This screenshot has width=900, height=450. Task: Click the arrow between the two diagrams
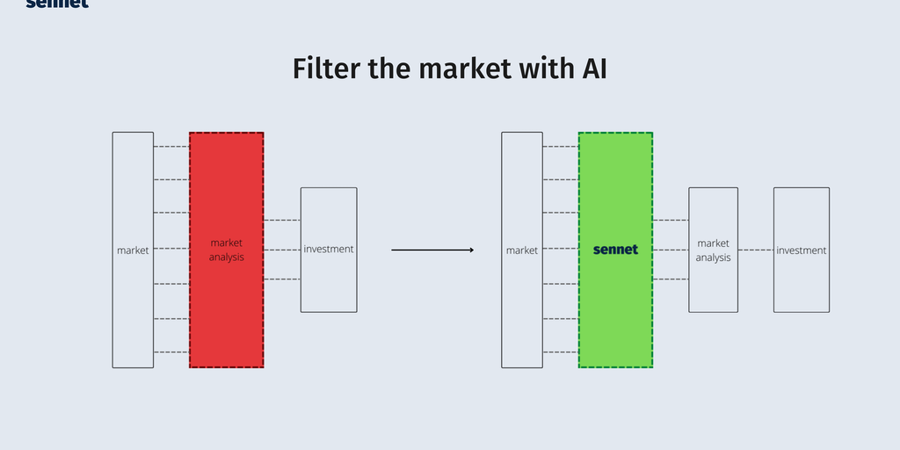pyautogui.click(x=432, y=250)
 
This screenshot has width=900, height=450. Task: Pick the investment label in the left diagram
pyautogui.click(x=329, y=250)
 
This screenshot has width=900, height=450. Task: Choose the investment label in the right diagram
pyautogui.click(x=802, y=250)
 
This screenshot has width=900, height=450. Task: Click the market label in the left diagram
pyautogui.click(x=133, y=250)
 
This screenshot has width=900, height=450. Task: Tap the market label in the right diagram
pyautogui.click(x=522, y=250)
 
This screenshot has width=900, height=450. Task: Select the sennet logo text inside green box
pyautogui.click(x=615, y=250)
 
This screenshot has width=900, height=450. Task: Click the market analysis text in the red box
pyautogui.click(x=227, y=250)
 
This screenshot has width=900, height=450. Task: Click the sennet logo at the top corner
pyautogui.click(x=57, y=4)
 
